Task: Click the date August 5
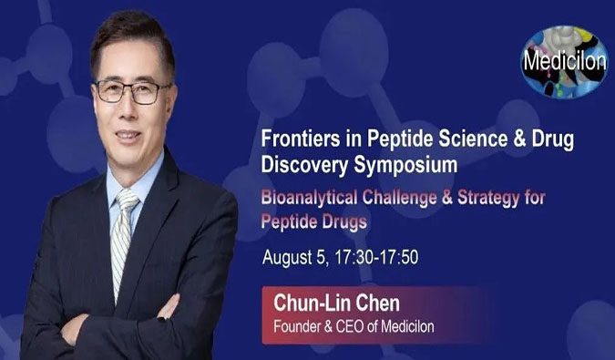293,256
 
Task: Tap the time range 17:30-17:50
374,256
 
